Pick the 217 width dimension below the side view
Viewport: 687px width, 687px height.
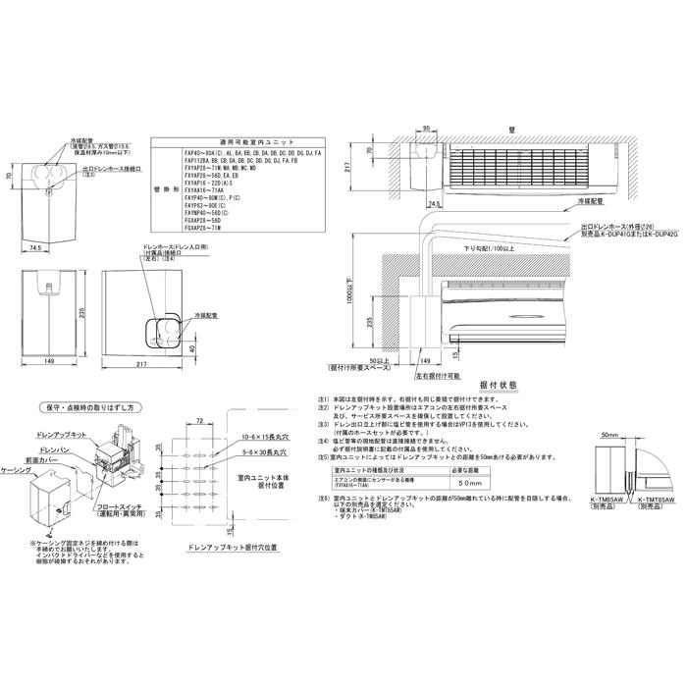pos(143,366)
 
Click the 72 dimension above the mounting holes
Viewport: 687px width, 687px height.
pos(198,419)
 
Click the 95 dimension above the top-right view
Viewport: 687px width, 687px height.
pos(427,129)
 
